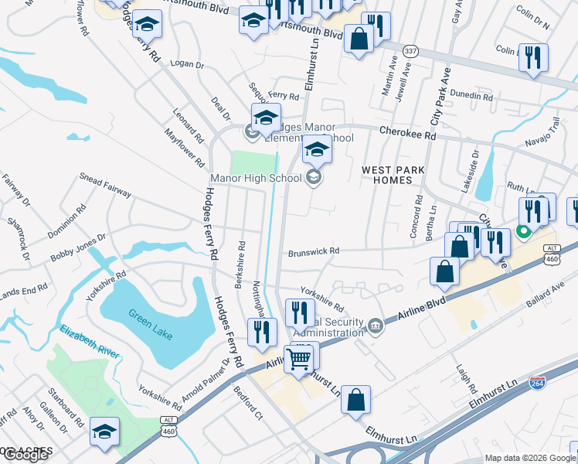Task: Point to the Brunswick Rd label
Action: [x=314, y=251]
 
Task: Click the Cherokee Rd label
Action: [x=407, y=133]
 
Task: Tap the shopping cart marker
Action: [x=299, y=358]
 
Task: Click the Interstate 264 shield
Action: [x=538, y=383]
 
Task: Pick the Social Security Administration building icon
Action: [x=376, y=325]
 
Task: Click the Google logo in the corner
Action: [x=25, y=455]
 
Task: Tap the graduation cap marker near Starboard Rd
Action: [x=104, y=432]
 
